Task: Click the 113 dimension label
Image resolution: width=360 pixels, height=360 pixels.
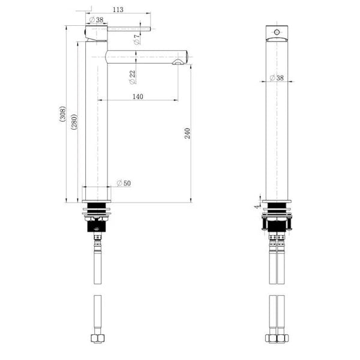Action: click(118, 10)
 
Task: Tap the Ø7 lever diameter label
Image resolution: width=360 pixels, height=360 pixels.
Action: click(137, 40)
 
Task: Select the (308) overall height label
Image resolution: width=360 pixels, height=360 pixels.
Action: click(62, 115)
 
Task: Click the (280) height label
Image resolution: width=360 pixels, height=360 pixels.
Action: click(74, 122)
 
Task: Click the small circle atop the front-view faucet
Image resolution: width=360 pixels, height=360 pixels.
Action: click(277, 29)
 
